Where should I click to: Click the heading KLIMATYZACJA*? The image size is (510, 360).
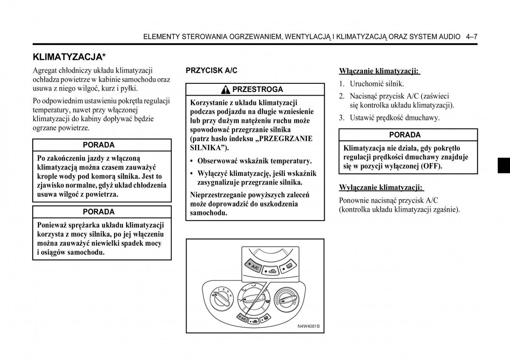point(69,57)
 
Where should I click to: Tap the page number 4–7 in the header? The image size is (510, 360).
point(471,37)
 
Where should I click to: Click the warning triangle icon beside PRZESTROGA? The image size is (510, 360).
point(226,90)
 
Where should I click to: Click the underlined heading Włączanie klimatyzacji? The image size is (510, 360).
point(379,71)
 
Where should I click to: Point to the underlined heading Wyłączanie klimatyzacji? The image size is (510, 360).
point(381,187)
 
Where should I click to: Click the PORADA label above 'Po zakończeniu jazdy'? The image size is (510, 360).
point(99,145)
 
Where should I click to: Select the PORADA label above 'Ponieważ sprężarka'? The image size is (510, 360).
point(99,212)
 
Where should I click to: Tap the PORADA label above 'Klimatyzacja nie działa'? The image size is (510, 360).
point(405,135)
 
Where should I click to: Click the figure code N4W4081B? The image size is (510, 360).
point(308,326)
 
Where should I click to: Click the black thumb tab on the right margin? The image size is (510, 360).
point(504,165)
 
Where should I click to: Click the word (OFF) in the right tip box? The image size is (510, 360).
point(432,166)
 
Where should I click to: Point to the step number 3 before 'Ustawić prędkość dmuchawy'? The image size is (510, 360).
point(341,118)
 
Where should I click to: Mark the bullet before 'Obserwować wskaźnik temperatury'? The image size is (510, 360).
point(192,161)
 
